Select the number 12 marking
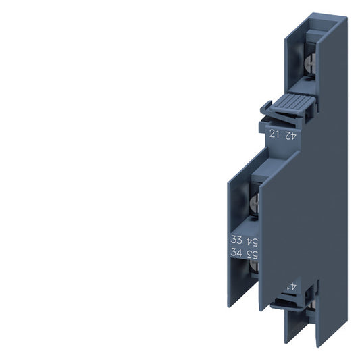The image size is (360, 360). click(x=274, y=134)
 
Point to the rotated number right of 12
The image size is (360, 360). click(x=291, y=134)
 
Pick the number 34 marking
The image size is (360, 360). click(x=236, y=254)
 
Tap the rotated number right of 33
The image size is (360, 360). click(x=253, y=241)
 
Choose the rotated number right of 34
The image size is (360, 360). click(x=253, y=254)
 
